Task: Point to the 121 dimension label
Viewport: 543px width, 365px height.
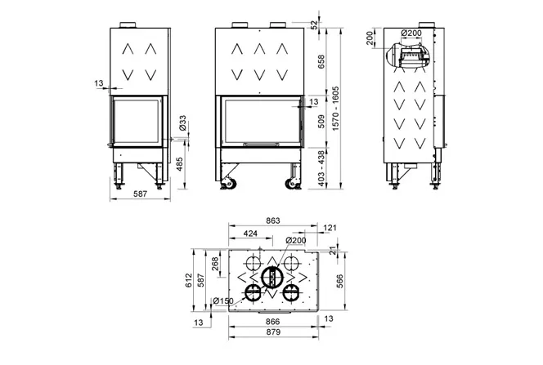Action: click(330, 227)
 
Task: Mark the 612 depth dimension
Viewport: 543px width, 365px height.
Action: click(189, 281)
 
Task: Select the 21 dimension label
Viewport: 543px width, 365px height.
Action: click(333, 250)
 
